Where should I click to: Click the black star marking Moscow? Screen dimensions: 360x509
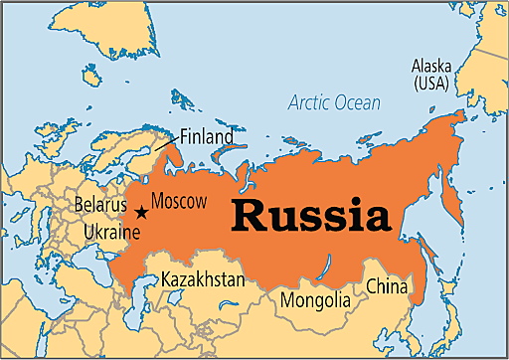[x=141, y=211]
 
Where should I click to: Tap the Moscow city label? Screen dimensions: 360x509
[x=179, y=201]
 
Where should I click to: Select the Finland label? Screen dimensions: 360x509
[x=207, y=135]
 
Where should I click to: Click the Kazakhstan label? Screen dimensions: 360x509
[x=202, y=279]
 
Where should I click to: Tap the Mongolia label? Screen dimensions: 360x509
[x=315, y=298]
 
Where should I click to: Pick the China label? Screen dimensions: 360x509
[x=387, y=287]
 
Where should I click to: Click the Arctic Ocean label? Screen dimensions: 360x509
[x=334, y=102]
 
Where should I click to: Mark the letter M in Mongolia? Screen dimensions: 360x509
[x=288, y=298]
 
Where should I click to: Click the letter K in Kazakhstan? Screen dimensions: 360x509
[x=166, y=279]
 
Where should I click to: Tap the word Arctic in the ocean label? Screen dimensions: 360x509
[x=308, y=102]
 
